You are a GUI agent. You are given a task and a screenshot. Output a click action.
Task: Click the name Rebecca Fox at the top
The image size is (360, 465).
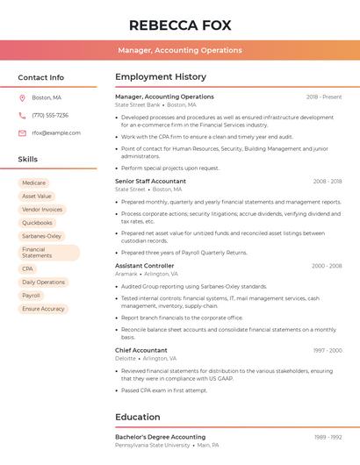(180, 25)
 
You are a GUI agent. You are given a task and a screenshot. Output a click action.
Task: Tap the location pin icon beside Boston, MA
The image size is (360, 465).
(22, 97)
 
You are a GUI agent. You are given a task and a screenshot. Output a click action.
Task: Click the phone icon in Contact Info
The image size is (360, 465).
(22, 115)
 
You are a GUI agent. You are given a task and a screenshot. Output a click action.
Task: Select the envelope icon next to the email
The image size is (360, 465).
(22, 133)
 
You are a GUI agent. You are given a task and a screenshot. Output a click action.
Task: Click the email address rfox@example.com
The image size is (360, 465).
(56, 133)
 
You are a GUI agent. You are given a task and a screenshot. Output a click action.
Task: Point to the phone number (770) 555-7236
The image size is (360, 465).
(50, 115)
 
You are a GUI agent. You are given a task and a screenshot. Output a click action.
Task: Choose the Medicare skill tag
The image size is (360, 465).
(34, 182)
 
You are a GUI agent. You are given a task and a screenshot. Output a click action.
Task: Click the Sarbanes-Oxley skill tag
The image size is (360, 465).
(41, 236)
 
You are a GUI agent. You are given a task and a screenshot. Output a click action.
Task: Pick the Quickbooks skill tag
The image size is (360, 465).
(37, 223)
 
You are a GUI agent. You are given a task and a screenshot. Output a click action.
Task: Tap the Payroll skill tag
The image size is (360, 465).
(32, 296)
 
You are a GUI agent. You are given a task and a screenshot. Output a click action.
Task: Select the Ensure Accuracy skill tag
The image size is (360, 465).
(43, 309)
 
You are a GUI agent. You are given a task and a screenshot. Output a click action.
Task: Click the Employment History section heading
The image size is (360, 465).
(161, 77)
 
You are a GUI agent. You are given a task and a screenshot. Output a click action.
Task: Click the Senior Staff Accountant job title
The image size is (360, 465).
(150, 182)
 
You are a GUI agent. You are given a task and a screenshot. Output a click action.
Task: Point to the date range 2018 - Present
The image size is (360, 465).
(324, 97)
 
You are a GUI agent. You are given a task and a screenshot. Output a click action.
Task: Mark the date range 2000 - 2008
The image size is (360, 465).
(327, 266)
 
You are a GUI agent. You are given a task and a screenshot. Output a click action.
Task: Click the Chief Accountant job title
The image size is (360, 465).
(141, 350)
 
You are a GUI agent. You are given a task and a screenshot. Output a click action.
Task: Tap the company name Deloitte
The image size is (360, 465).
(126, 359)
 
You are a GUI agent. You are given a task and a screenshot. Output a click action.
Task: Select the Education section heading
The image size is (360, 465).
(138, 417)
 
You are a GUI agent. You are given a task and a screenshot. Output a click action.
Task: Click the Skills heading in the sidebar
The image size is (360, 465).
(28, 159)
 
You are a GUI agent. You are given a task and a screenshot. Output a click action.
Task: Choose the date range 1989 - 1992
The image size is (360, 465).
(328, 436)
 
